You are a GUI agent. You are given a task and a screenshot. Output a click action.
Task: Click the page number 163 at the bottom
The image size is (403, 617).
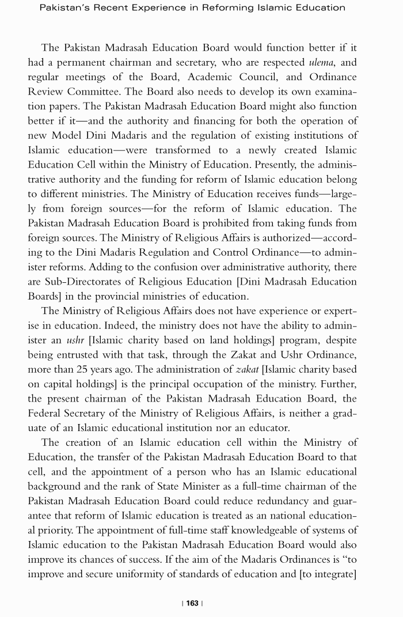point(192,603)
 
